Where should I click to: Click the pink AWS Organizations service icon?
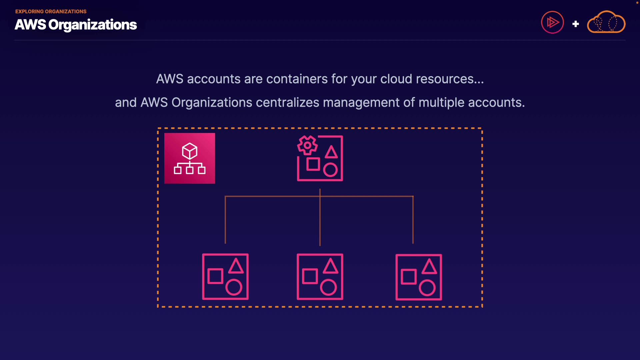point(189,158)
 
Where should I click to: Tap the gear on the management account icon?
point(307,145)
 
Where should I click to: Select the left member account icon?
point(225,277)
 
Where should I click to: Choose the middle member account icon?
point(320,277)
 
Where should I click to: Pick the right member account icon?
point(419,277)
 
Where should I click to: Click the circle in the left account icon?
point(234,287)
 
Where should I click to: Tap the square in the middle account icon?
point(310,276)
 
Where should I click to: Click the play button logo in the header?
point(552,22)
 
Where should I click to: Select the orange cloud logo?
point(606,22)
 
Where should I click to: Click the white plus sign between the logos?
point(575,24)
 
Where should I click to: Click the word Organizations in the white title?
point(93,25)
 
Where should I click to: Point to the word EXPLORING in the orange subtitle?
point(29,12)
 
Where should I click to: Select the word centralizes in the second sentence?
point(287,103)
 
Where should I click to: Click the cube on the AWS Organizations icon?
point(190,151)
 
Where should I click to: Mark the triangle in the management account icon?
point(331,152)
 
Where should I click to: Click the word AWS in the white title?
point(30,25)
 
